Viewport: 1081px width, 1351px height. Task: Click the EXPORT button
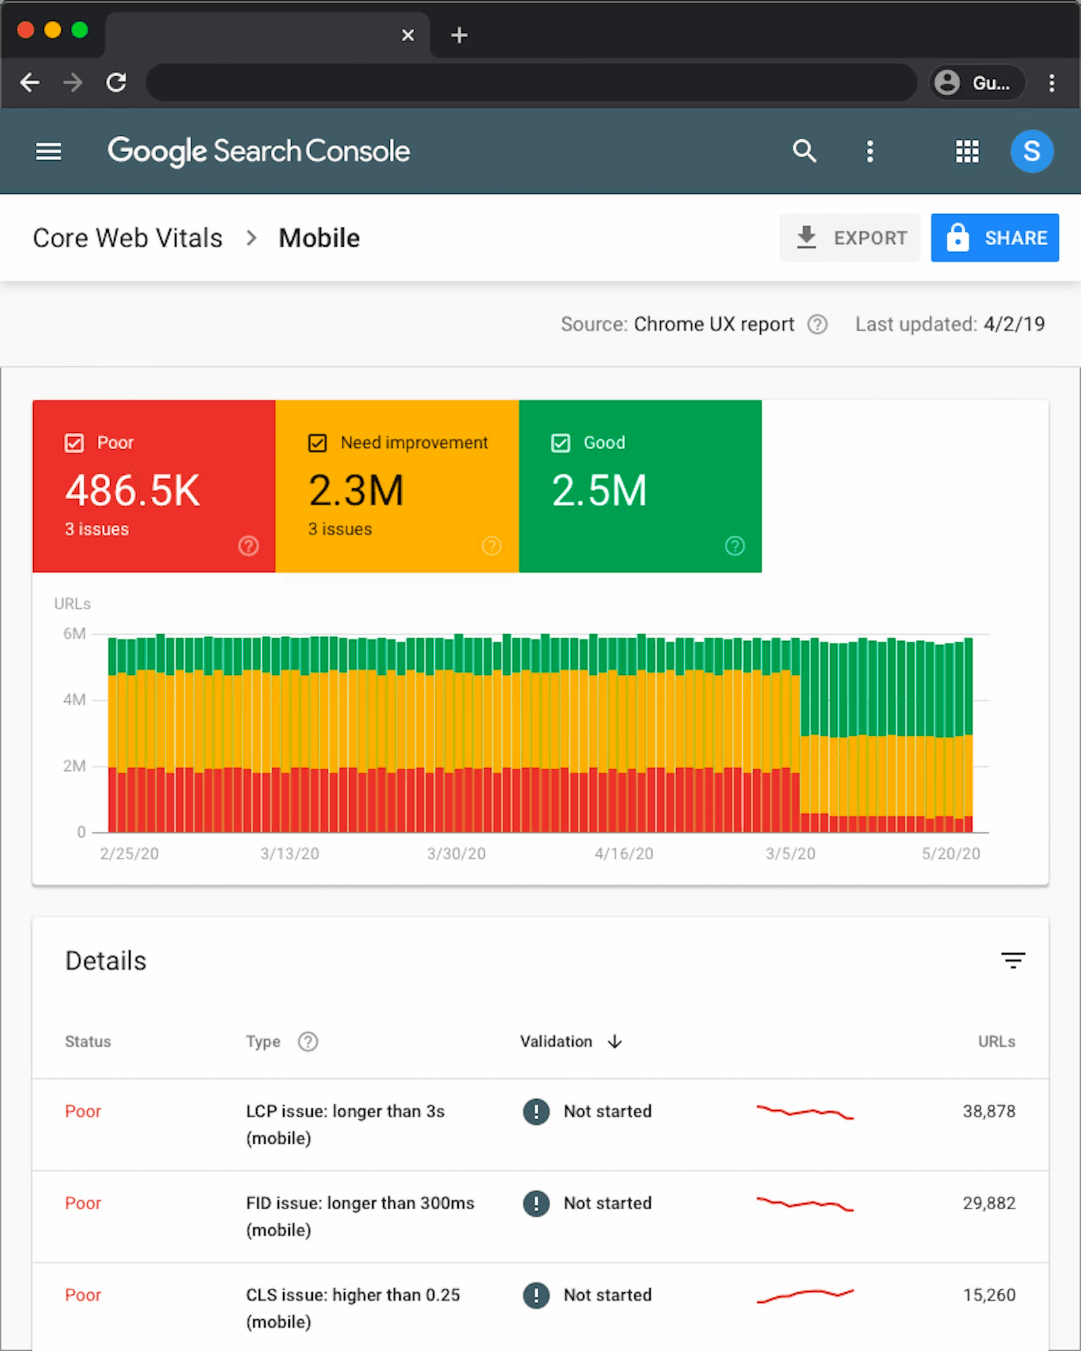click(x=849, y=238)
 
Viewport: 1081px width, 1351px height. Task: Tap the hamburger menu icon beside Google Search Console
click(x=49, y=151)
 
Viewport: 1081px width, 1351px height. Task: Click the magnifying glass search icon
click(x=804, y=151)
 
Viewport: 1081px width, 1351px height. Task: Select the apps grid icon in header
click(x=967, y=151)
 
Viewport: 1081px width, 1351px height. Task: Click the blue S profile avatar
click(x=1031, y=151)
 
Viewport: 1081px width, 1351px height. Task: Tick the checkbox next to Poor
click(x=74, y=443)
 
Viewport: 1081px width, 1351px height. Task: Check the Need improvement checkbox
click(x=318, y=443)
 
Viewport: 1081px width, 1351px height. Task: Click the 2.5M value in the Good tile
click(x=599, y=490)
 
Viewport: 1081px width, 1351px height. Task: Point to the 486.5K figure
click(x=132, y=490)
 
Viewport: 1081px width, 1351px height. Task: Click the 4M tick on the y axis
click(x=74, y=700)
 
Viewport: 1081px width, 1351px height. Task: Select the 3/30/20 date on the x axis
click(x=456, y=854)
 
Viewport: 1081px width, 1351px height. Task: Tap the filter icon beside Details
click(x=1013, y=960)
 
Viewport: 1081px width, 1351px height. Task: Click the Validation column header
click(x=556, y=1042)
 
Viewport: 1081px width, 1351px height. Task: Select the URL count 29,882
click(x=988, y=1203)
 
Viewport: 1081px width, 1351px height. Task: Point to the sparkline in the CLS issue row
click(x=805, y=1295)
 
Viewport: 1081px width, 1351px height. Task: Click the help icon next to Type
click(x=308, y=1042)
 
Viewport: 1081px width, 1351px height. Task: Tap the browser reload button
click(x=117, y=82)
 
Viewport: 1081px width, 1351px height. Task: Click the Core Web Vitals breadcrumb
click(x=128, y=238)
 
